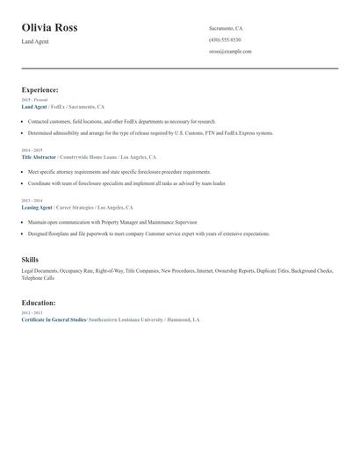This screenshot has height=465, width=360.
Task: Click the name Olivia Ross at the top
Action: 49,28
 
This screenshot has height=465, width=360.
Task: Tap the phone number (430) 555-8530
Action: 225,39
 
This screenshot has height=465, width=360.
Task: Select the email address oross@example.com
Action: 230,51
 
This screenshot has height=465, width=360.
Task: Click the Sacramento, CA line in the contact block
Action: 226,28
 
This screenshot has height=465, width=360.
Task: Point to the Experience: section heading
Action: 40,89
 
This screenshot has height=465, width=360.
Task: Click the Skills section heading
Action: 30,260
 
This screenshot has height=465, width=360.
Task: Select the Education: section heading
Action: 38,303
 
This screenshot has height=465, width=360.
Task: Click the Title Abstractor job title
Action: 38,156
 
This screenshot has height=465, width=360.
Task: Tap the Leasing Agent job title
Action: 36,208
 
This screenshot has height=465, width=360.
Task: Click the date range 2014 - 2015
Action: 31,150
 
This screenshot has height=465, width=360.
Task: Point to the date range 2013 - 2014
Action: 31,201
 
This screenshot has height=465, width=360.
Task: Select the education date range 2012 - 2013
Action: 31,312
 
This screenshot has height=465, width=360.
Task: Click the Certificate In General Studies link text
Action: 54,319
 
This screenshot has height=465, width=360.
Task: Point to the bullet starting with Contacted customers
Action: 121,121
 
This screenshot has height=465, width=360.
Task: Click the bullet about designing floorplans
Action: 148,234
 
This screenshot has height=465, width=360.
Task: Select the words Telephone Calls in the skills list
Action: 38,278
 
